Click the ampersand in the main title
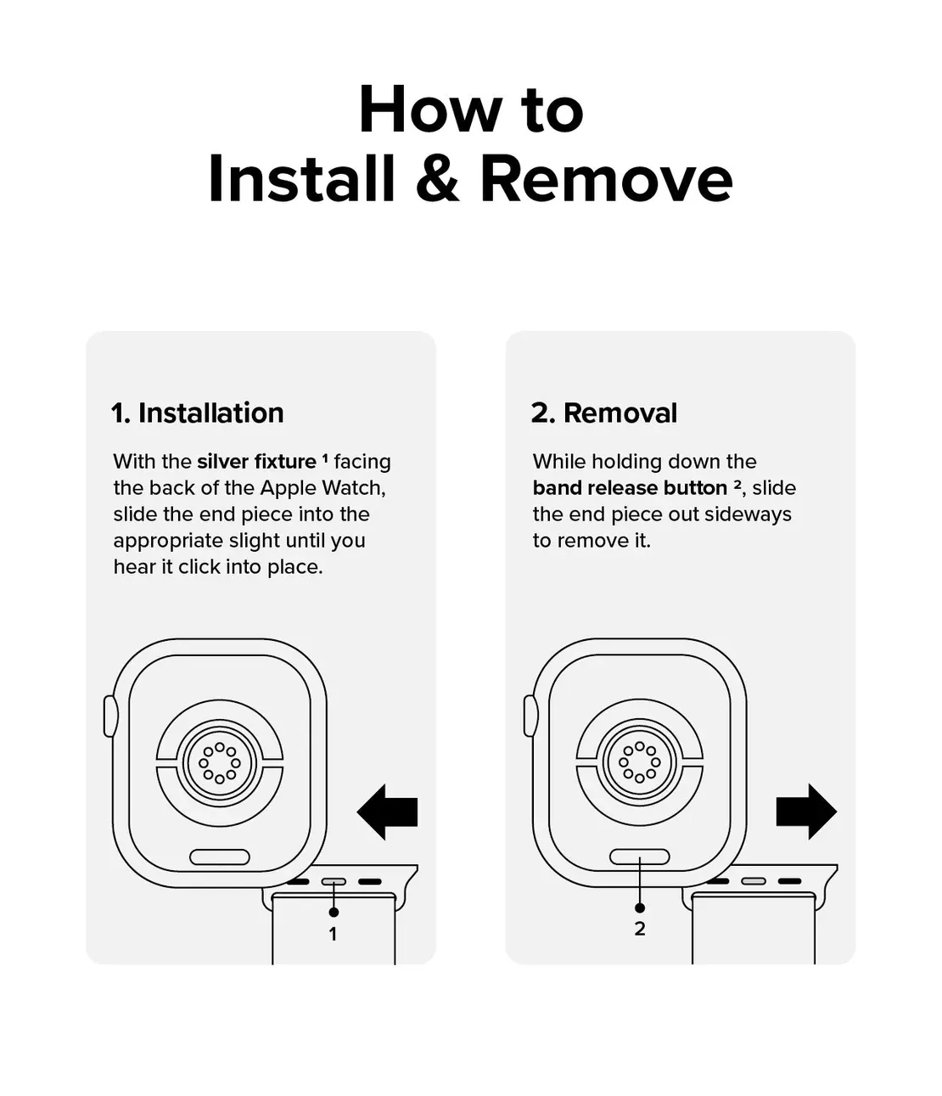437,178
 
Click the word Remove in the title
606,178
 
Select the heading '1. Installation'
198,413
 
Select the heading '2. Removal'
604,413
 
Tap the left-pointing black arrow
388,812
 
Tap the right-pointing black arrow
806,812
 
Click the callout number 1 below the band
333,935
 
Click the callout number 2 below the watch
640,929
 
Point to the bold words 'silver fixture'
256,461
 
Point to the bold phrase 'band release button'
630,488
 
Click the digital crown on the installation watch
109,717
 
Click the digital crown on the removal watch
530,717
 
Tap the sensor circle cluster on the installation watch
220,763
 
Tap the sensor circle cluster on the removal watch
639,762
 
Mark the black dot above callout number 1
334,912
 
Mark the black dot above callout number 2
640,908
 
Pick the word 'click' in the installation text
199,567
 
